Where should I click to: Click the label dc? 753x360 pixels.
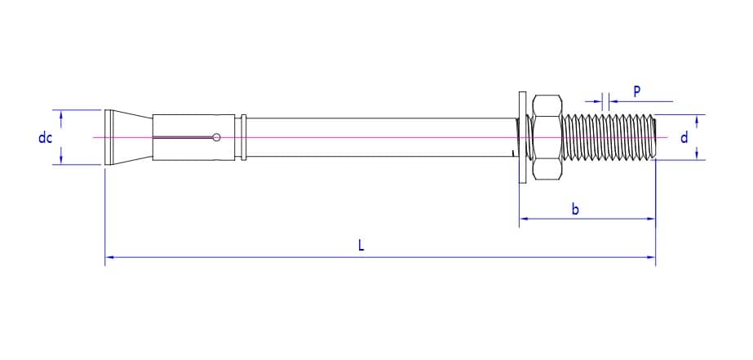coord(45,138)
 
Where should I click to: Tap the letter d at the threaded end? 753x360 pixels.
coord(684,137)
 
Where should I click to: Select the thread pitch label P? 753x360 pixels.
coord(636,91)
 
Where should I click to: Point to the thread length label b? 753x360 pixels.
coord(575,210)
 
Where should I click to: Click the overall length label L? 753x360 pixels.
coord(361,244)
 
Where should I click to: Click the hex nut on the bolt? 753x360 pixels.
coord(547,137)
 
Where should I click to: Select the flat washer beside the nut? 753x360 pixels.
coord(520,137)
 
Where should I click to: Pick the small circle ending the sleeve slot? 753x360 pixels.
coord(215,137)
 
